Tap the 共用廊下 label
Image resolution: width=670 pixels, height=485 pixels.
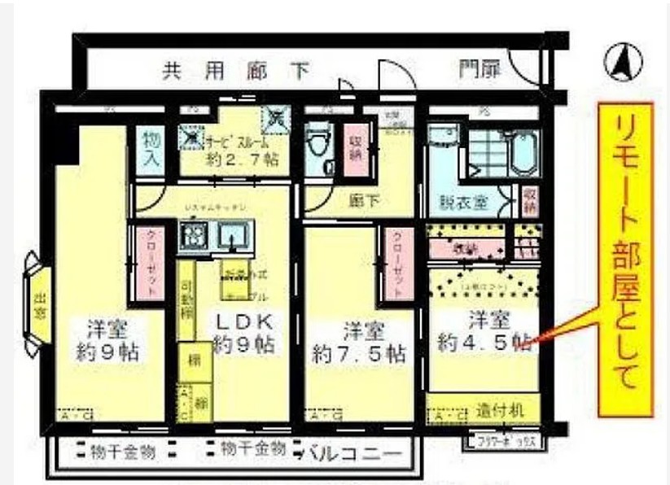pyautogui.click(x=236, y=72)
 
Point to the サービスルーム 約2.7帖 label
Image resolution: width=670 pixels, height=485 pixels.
pyautogui.click(x=236, y=149)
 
